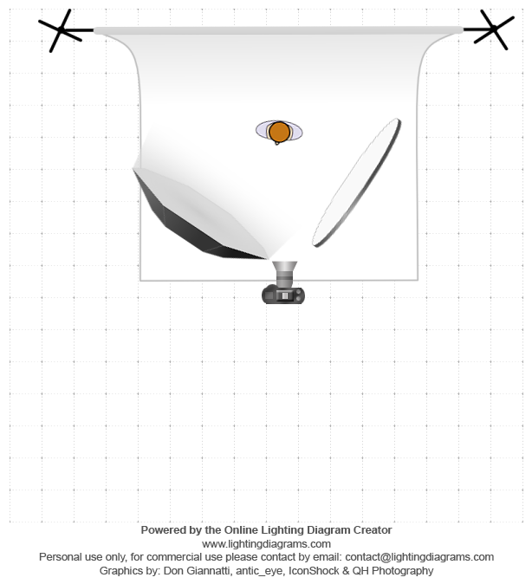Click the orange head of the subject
279,132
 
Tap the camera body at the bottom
283,295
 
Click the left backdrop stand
62,31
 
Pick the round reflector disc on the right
357,183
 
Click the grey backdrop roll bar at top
277,31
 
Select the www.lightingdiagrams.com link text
266,543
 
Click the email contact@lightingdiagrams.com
408,557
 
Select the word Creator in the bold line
371,529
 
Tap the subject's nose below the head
277,143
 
